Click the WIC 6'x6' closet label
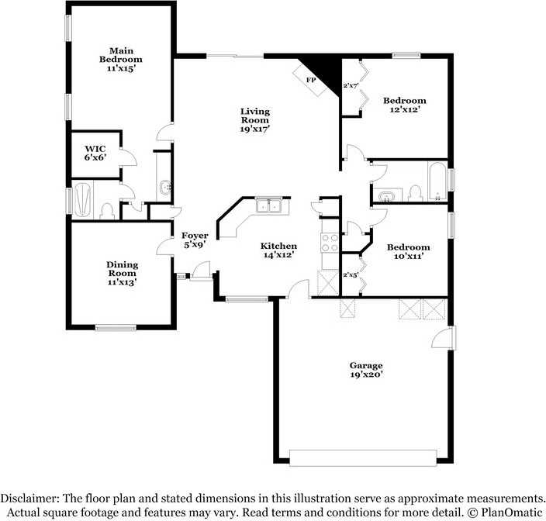[x=95, y=152]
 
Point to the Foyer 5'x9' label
[x=195, y=240]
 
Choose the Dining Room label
[x=122, y=273]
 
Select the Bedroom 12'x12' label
[x=405, y=105]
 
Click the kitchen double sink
[x=270, y=205]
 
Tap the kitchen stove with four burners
[x=329, y=243]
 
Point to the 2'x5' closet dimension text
[x=350, y=274]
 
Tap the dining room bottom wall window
[x=115, y=327]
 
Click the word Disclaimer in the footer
[x=31, y=498]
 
